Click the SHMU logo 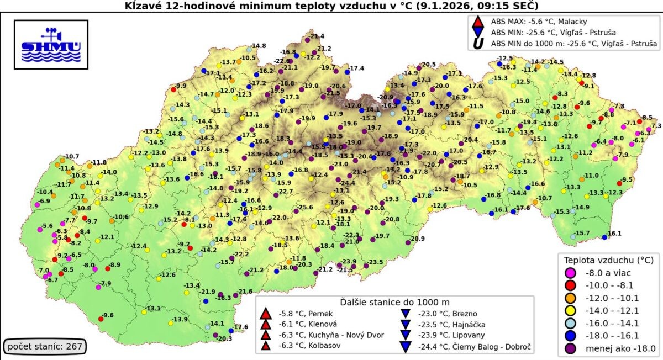tap(51, 44)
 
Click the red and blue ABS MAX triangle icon tap(479, 22)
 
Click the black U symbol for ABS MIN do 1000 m tap(479, 43)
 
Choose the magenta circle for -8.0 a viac tap(570, 272)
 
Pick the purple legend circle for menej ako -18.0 tap(570, 348)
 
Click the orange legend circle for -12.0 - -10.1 tap(570, 298)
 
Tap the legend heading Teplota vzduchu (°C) tap(608, 260)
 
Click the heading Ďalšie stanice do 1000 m tap(394, 302)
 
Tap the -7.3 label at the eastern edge tap(655, 126)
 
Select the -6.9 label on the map tap(44, 200)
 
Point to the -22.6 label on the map tap(282, 61)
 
